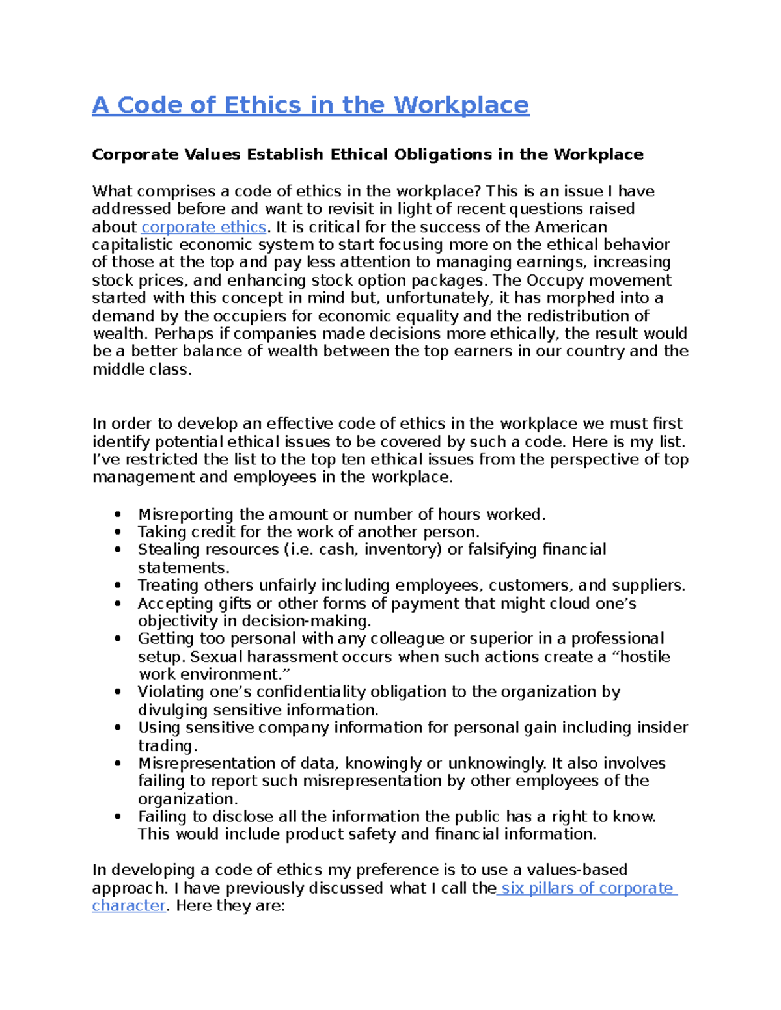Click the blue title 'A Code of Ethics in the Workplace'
click(x=310, y=105)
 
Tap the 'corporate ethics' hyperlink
click(x=204, y=227)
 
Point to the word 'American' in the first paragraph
click(x=571, y=227)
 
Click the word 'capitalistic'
click(x=133, y=245)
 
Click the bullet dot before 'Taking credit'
click(x=117, y=532)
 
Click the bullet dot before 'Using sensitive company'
click(x=117, y=728)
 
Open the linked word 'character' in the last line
click(x=128, y=906)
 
